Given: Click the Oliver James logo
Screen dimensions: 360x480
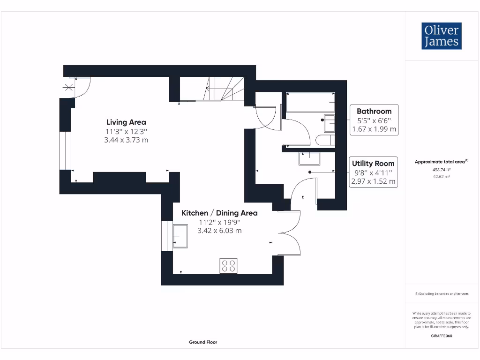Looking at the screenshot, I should pos(441,36).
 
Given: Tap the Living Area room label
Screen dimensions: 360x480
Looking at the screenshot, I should pos(126,122).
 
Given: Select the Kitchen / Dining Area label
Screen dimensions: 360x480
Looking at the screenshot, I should pos(219,213).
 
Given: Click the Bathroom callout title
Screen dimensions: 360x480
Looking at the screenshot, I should pos(374,112).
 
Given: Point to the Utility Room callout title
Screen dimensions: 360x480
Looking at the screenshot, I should pos(373,164).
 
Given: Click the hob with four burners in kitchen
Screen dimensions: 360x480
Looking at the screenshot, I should pos(228,266).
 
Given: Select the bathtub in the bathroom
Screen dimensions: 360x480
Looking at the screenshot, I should pos(310,102).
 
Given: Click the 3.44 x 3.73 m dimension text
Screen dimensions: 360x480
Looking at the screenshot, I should pos(126,140).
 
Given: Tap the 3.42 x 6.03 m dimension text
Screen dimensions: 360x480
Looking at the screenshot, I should pos(219,231).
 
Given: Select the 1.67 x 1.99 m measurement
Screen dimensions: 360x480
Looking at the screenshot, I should pos(374,129).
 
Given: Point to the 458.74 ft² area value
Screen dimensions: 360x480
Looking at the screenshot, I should pos(441,170).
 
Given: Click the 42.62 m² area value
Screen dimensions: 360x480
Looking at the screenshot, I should pos(441,177).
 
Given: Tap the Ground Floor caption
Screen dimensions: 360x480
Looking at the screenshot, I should pos(203,342).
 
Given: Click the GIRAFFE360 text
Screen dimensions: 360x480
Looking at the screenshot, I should pos(441,336).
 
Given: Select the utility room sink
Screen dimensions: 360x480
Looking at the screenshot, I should pos(309,158).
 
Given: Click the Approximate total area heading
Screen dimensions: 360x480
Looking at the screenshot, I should pos(441,162).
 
